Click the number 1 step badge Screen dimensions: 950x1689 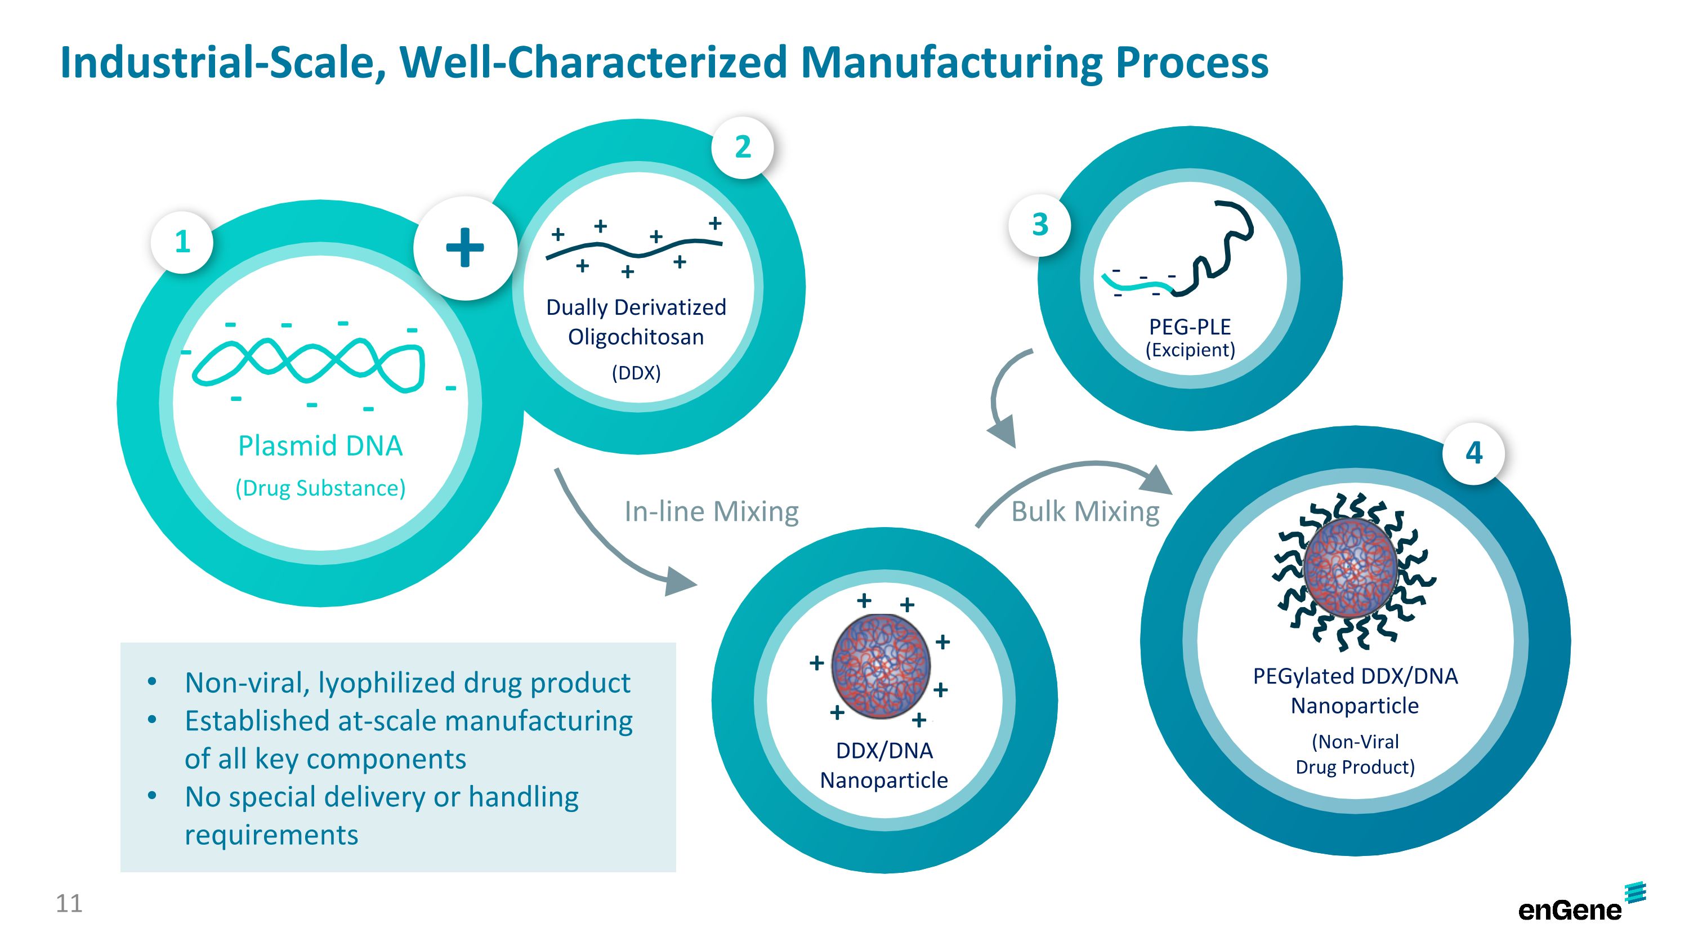182,242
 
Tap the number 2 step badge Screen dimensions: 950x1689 742,147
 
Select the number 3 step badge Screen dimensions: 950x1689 1040,224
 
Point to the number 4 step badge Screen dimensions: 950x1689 1473,453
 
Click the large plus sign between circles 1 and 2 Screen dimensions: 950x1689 465,248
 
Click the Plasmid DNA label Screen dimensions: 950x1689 320,446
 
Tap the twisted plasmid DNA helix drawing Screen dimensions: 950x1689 308,364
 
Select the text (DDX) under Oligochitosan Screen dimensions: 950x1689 636,373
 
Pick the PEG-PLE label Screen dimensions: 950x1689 1190,327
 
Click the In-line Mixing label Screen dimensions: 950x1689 712,511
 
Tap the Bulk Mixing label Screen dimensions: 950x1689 1085,511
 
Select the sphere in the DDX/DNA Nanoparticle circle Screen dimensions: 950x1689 881,666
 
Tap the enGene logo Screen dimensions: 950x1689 1580,904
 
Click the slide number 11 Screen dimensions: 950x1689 69,903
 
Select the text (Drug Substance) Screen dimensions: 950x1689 320,488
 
